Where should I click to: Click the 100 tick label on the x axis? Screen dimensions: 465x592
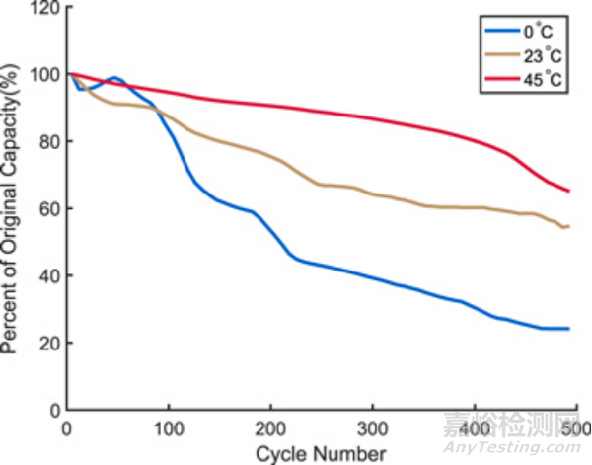[169, 428]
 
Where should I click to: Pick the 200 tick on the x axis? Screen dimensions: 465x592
[270, 428]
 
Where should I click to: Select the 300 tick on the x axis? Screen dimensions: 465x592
[372, 428]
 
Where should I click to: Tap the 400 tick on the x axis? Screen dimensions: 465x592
[474, 428]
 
